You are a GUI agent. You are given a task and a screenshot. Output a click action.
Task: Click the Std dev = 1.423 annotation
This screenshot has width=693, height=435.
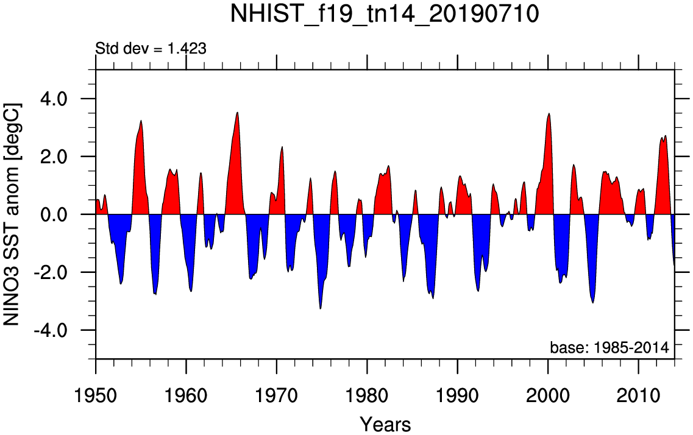click(151, 48)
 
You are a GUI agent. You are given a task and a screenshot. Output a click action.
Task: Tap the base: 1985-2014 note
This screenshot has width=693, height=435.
click(609, 348)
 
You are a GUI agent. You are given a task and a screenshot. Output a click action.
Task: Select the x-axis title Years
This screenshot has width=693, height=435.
click(385, 423)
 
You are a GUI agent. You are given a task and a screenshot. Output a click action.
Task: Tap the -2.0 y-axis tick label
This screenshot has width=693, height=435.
click(66, 272)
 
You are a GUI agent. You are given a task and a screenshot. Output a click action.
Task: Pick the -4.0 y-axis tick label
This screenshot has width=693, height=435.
click(66, 330)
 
